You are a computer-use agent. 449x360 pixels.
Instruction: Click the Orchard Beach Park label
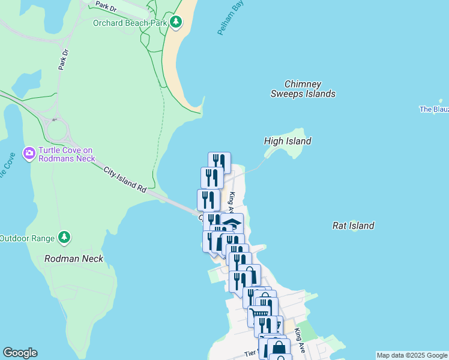tap(129, 23)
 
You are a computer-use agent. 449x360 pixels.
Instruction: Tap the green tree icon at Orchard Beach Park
tap(175, 23)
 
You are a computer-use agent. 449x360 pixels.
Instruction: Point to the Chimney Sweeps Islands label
tap(303, 89)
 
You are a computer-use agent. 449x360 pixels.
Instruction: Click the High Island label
tap(288, 141)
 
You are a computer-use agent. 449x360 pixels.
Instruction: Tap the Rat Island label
tap(354, 226)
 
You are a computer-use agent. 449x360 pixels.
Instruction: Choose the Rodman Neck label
tap(74, 259)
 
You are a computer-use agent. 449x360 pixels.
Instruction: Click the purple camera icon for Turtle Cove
tap(29, 154)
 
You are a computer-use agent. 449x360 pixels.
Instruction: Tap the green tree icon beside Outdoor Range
tap(64, 238)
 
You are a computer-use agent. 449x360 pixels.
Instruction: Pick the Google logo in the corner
tap(20, 353)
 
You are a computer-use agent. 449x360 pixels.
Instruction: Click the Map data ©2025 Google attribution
tap(412, 355)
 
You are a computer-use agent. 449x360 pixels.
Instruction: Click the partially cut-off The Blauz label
tap(433, 109)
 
